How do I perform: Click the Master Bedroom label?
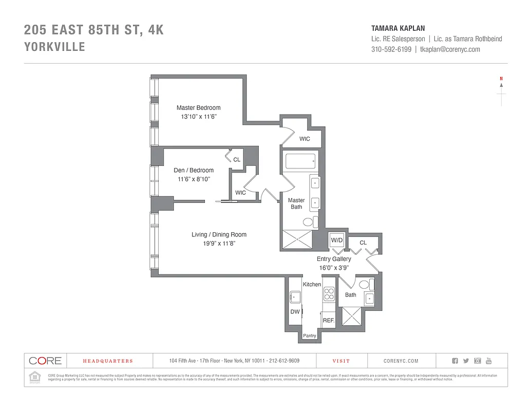tap(198, 108)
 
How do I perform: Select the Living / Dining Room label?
tap(219, 235)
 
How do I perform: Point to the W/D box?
tap(336, 240)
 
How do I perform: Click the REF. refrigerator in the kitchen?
tap(329, 320)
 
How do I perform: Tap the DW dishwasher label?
tap(295, 312)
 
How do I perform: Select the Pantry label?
tap(310, 336)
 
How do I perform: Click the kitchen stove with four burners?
tap(329, 295)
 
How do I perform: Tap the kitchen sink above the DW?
tap(295, 297)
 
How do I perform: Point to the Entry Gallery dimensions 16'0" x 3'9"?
tap(334, 268)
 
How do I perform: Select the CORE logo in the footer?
tap(45, 361)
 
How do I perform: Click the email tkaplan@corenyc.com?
tap(450, 49)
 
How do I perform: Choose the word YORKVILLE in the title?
tap(54, 47)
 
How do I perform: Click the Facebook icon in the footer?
tap(454, 361)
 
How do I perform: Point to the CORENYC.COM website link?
tap(401, 361)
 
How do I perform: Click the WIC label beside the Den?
tap(240, 193)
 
